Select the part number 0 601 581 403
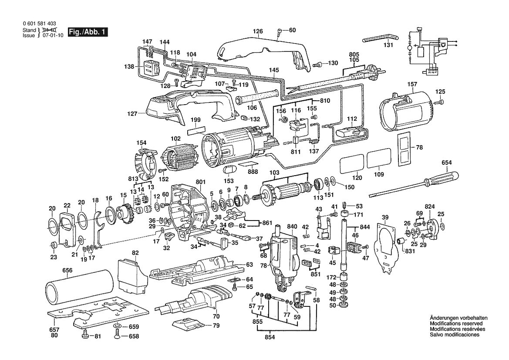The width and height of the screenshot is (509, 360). pyautogui.click(x=39, y=24)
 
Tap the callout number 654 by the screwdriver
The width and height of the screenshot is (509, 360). pyautogui.click(x=447, y=163)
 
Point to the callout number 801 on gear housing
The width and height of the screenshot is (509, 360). pyautogui.click(x=200, y=182)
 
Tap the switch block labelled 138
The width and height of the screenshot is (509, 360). pyautogui.click(x=151, y=68)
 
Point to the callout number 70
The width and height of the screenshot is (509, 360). pyautogui.click(x=216, y=316)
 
